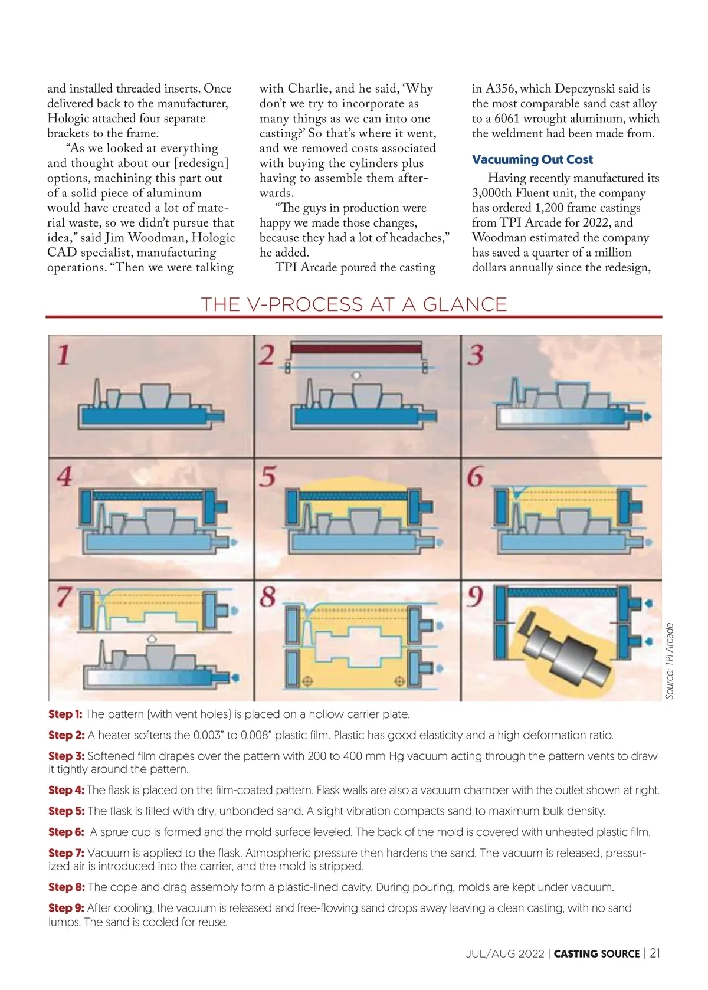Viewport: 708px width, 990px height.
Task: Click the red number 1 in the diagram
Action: click(64, 355)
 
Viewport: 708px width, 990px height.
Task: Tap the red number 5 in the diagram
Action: click(267, 476)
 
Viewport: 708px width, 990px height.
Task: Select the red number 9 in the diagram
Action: click(474, 596)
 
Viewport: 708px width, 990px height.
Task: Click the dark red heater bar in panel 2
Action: click(355, 348)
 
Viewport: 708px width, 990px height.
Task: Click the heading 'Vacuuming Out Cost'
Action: click(532, 159)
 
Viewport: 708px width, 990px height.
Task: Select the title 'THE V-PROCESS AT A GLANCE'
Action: click(353, 304)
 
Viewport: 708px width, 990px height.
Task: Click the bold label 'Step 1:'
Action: click(65, 714)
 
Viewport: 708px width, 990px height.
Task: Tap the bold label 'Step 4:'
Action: click(66, 790)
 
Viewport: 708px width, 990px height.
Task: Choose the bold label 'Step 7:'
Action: click(66, 853)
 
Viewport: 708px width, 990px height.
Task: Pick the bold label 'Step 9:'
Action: click(66, 908)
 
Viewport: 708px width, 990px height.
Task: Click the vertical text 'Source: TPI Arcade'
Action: click(669, 661)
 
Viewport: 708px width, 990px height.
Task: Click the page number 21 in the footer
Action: click(654, 953)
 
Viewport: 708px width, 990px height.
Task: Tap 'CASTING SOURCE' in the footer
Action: click(596, 954)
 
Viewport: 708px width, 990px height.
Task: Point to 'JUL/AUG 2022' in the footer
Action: click(504, 954)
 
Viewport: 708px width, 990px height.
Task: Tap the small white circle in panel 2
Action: click(356, 376)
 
